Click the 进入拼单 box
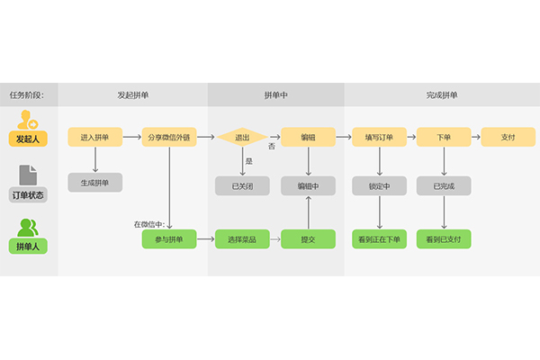point(94,137)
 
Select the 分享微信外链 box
point(169,137)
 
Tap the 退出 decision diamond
point(242,137)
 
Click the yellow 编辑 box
point(309,137)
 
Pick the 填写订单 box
point(379,137)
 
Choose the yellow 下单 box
point(444,137)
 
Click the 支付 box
point(508,137)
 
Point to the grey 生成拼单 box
point(94,183)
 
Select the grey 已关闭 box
point(242,186)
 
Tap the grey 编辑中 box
point(309,186)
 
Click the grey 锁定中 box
point(379,186)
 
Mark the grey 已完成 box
point(444,186)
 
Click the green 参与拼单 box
point(169,239)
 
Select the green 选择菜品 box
point(242,239)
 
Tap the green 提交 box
point(309,239)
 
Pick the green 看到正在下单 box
point(379,239)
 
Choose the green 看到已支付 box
point(444,239)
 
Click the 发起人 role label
point(28,139)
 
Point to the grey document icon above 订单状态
point(28,175)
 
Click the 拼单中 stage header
point(276,94)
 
